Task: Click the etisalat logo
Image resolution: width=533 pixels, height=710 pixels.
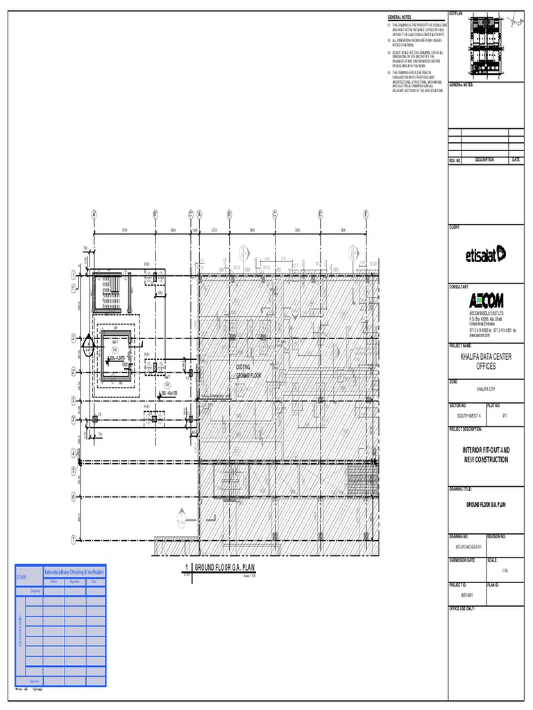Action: click(485, 255)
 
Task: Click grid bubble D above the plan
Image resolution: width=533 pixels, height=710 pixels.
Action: click(320, 214)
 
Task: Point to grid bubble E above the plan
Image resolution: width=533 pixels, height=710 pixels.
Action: click(365, 214)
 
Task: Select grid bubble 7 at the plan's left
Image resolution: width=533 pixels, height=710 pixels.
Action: click(73, 539)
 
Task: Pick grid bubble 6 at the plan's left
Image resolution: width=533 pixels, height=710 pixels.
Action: click(73, 497)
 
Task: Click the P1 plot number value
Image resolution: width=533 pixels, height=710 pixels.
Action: click(505, 415)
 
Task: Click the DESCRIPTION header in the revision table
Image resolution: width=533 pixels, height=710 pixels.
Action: click(484, 160)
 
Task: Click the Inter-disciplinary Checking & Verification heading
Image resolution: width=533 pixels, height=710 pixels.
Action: click(74, 571)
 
